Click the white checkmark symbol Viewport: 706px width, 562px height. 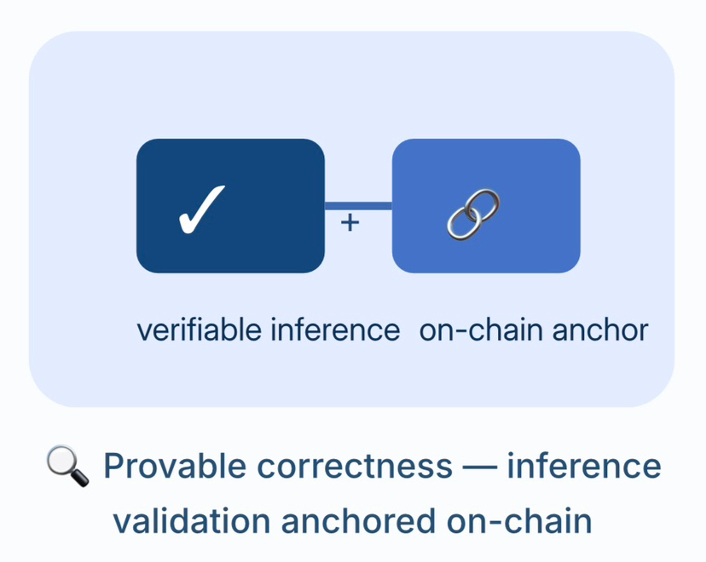click(x=201, y=208)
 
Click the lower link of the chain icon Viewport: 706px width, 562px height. click(x=463, y=222)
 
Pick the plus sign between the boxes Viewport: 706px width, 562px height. click(x=350, y=222)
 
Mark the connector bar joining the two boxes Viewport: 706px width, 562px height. click(x=358, y=205)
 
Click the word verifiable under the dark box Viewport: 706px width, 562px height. click(x=200, y=330)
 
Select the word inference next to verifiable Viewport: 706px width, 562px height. click(x=335, y=330)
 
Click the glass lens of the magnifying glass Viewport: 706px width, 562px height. click(x=61, y=461)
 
